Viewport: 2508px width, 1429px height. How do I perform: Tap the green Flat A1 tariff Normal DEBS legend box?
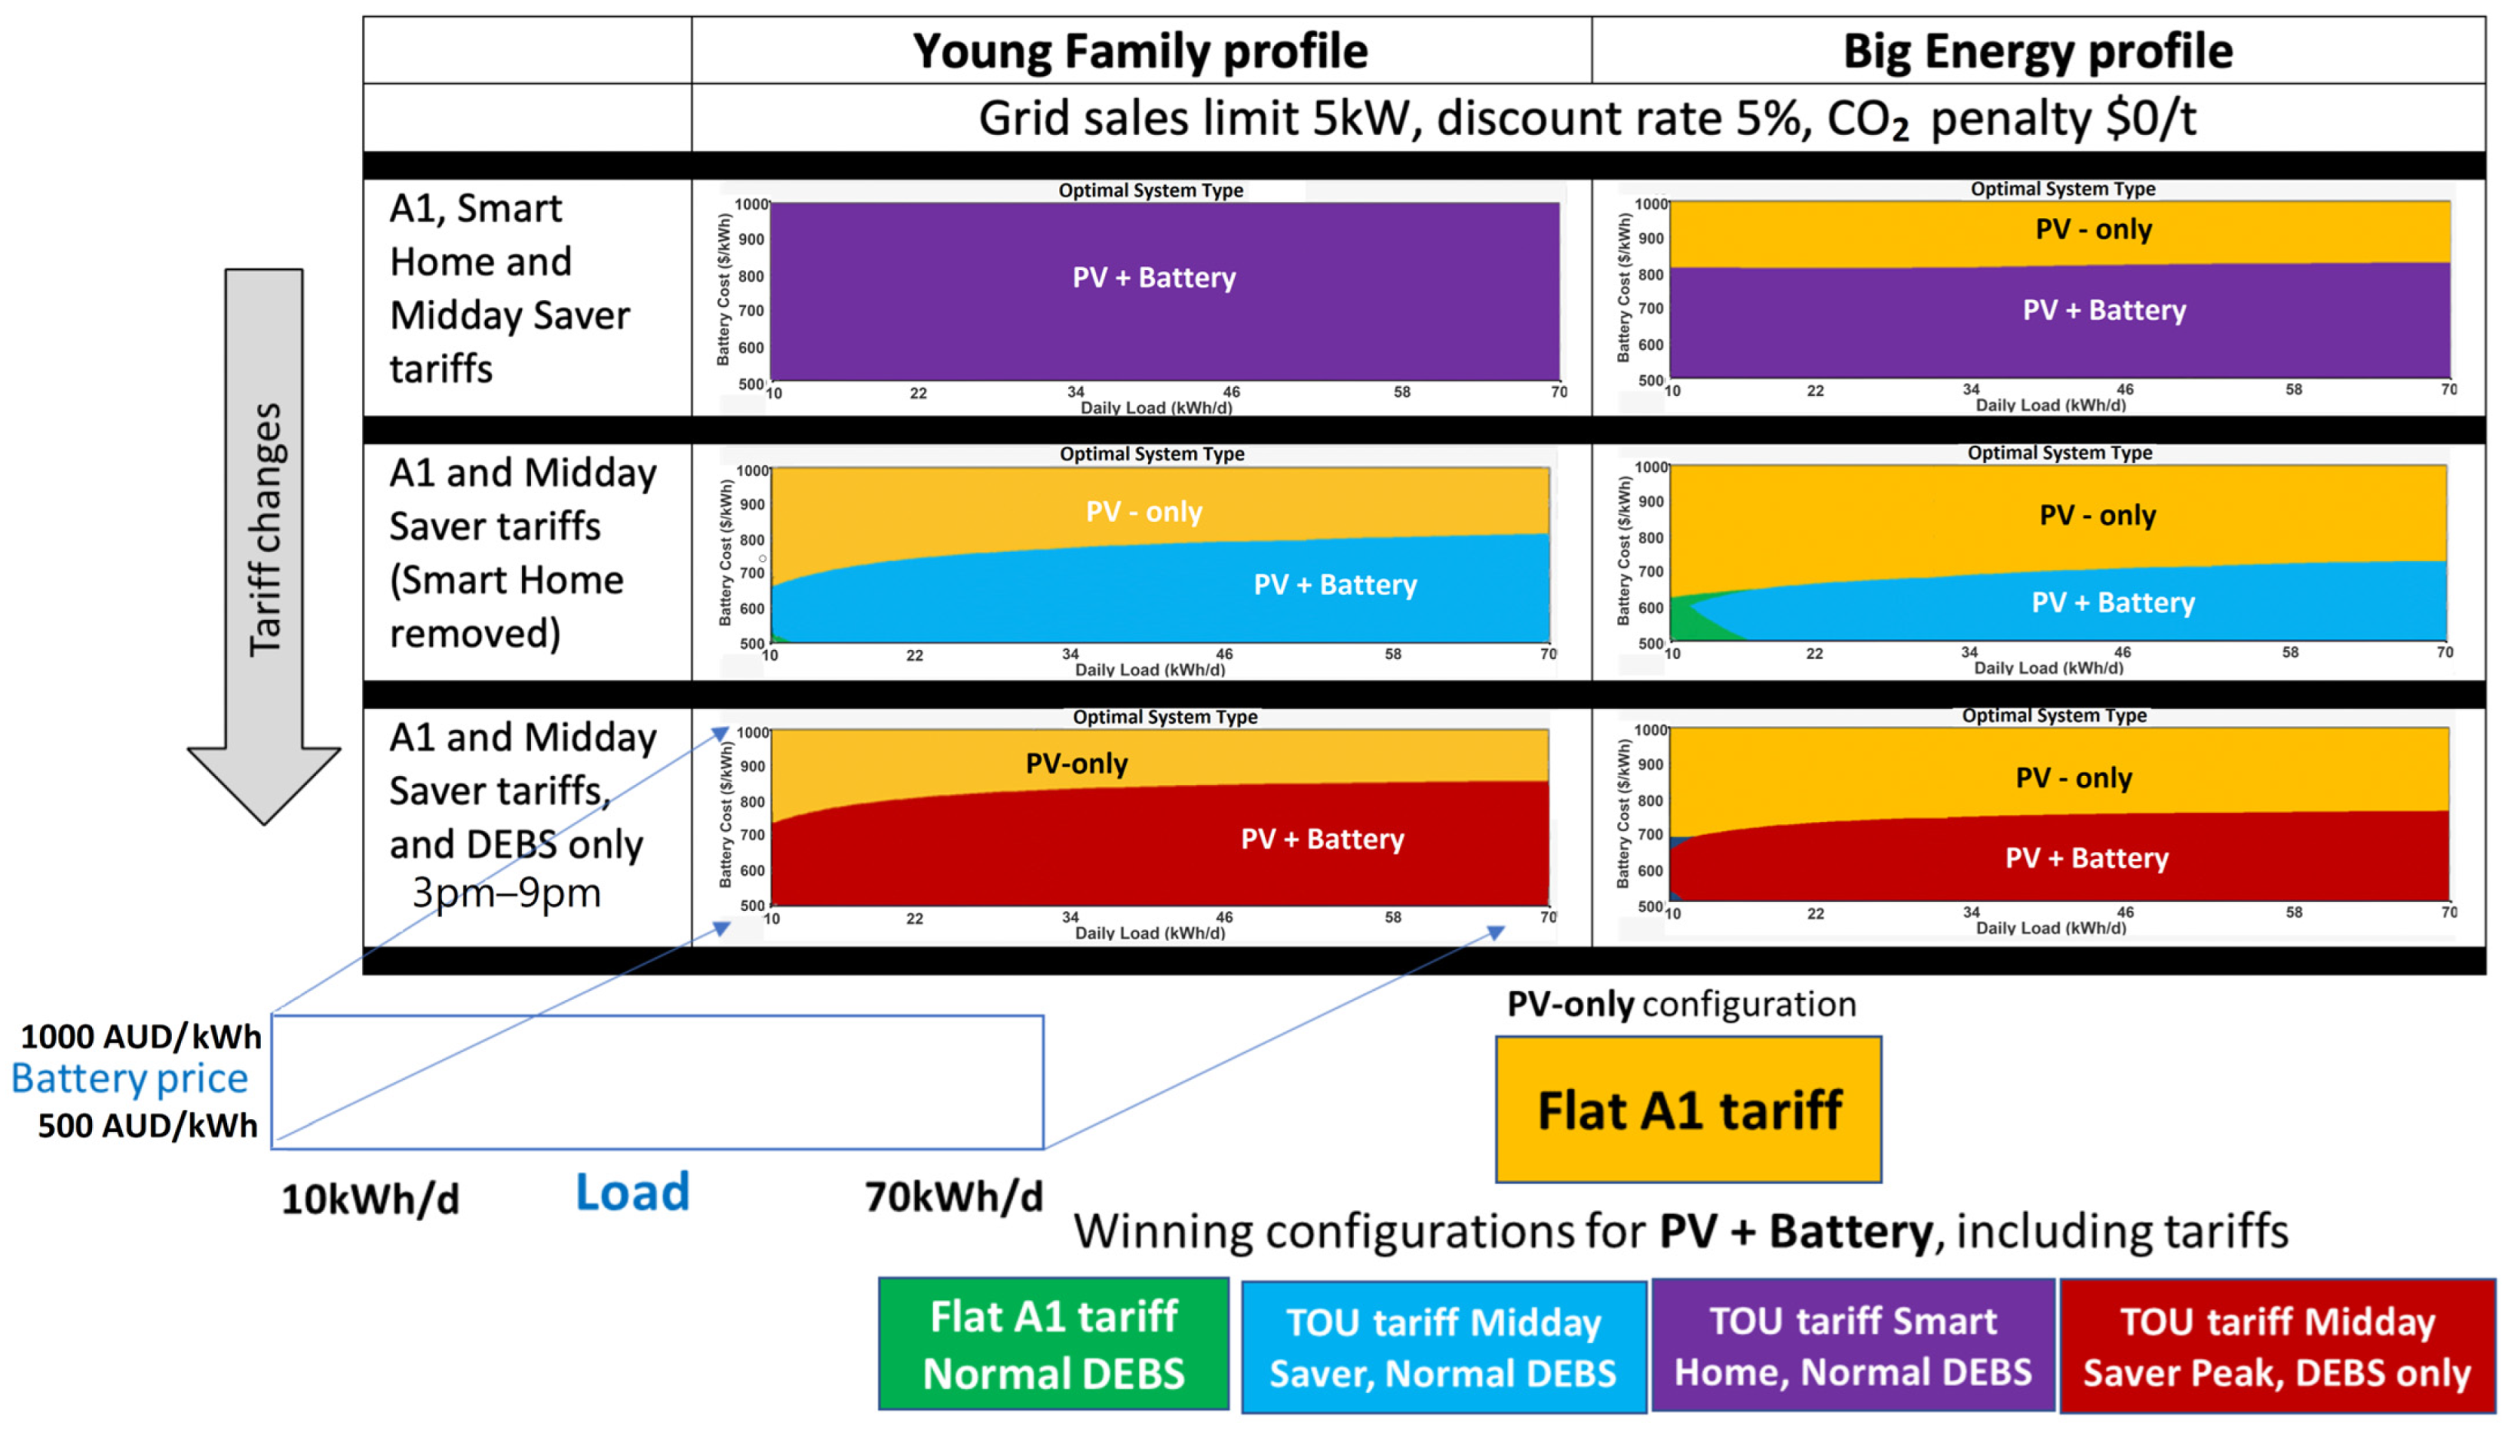coord(1053,1345)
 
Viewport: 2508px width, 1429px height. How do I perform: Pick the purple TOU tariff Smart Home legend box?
coord(1852,1345)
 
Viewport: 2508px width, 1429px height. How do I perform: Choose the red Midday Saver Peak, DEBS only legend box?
coord(2276,1345)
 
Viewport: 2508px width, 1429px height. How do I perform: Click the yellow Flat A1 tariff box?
coord(1688,1110)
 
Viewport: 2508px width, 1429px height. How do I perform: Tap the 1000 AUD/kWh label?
coord(141,1036)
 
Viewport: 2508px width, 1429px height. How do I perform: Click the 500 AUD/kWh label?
coord(147,1125)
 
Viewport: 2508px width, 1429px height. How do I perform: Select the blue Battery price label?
coord(130,1078)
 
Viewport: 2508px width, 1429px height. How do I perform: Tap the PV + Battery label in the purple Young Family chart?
coord(1154,278)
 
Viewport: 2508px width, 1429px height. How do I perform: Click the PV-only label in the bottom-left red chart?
coord(1077,764)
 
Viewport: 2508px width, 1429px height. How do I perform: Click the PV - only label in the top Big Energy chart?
coord(2093,229)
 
